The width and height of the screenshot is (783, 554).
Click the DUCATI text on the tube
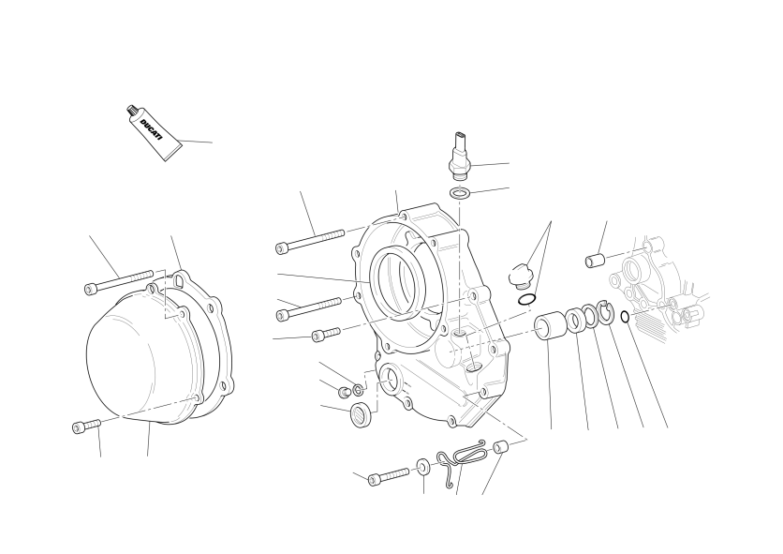point(152,129)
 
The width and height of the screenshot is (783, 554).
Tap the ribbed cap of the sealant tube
point(132,111)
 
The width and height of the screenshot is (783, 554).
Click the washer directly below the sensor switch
point(460,192)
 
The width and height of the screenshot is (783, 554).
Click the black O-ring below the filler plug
point(526,299)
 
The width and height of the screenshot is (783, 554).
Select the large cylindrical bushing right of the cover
point(550,326)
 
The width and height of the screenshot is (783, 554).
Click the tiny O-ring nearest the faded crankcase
point(625,317)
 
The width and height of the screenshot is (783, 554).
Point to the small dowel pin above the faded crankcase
point(595,260)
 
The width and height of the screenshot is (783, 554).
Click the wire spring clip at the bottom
point(461,457)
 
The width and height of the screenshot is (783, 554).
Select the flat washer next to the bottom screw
point(423,468)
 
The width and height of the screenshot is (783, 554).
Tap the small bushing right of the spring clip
point(501,447)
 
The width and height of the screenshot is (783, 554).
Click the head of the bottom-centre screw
point(375,480)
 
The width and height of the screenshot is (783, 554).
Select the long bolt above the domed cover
point(119,281)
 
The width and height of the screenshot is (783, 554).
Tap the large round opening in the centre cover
point(400,282)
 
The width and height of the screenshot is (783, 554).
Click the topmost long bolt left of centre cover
point(310,241)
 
